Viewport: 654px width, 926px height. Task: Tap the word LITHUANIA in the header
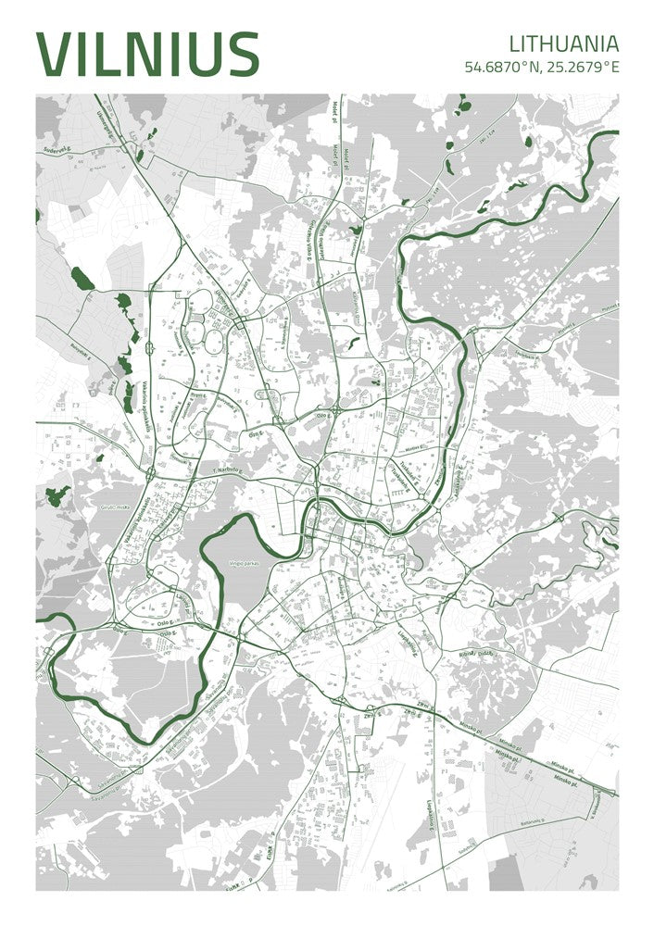coord(563,43)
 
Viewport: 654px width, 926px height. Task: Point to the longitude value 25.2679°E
coord(581,67)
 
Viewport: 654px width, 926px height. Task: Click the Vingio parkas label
coord(246,563)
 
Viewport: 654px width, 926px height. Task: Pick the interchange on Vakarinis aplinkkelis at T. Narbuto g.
coord(150,473)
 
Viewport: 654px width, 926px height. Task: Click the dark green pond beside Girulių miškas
coord(58,495)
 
